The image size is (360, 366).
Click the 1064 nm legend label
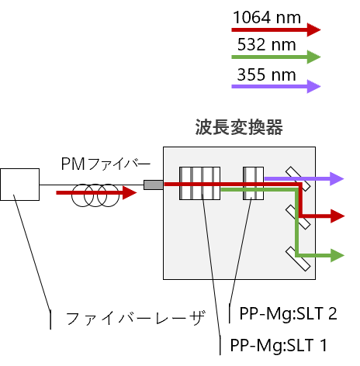[x=267, y=18]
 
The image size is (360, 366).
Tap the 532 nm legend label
[x=267, y=44]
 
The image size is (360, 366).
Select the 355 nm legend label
[x=267, y=74]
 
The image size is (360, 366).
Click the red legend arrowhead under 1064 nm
[x=313, y=29]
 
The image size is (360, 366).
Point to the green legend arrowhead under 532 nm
[x=313, y=57]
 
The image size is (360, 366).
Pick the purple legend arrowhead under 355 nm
[x=313, y=86]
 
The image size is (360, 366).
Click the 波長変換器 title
[x=239, y=127]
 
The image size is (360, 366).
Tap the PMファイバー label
[x=106, y=164]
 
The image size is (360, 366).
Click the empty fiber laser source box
[x=20, y=185]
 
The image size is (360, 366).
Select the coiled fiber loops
[x=95, y=195]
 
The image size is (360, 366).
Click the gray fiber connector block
[x=154, y=185]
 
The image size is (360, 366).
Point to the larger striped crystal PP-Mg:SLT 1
[x=200, y=183]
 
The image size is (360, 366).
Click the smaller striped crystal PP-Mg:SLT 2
[x=253, y=183]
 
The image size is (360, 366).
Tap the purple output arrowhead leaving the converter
[x=337, y=178]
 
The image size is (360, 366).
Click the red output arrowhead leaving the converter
[x=337, y=216]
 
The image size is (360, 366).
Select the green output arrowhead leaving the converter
[x=337, y=255]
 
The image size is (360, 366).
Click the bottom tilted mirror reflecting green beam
[x=298, y=259]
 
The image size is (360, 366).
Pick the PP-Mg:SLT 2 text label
[x=289, y=313]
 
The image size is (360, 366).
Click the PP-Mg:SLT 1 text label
[x=279, y=345]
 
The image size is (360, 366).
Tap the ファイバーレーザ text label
[x=136, y=318]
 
